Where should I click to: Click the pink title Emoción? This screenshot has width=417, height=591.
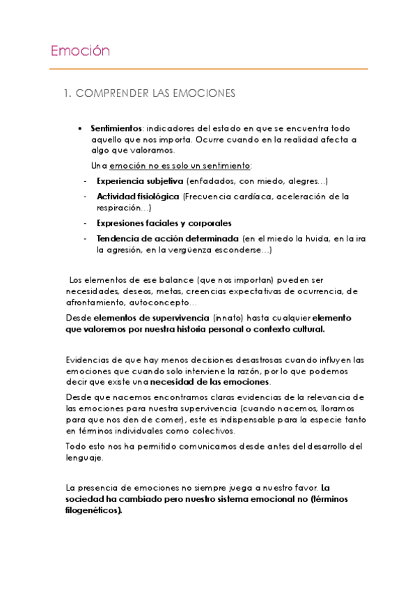point(81,51)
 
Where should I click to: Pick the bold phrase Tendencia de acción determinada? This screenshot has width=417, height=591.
point(159,238)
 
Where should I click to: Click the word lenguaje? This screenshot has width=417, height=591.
point(84,458)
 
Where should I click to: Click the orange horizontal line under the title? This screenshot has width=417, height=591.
point(208,69)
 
